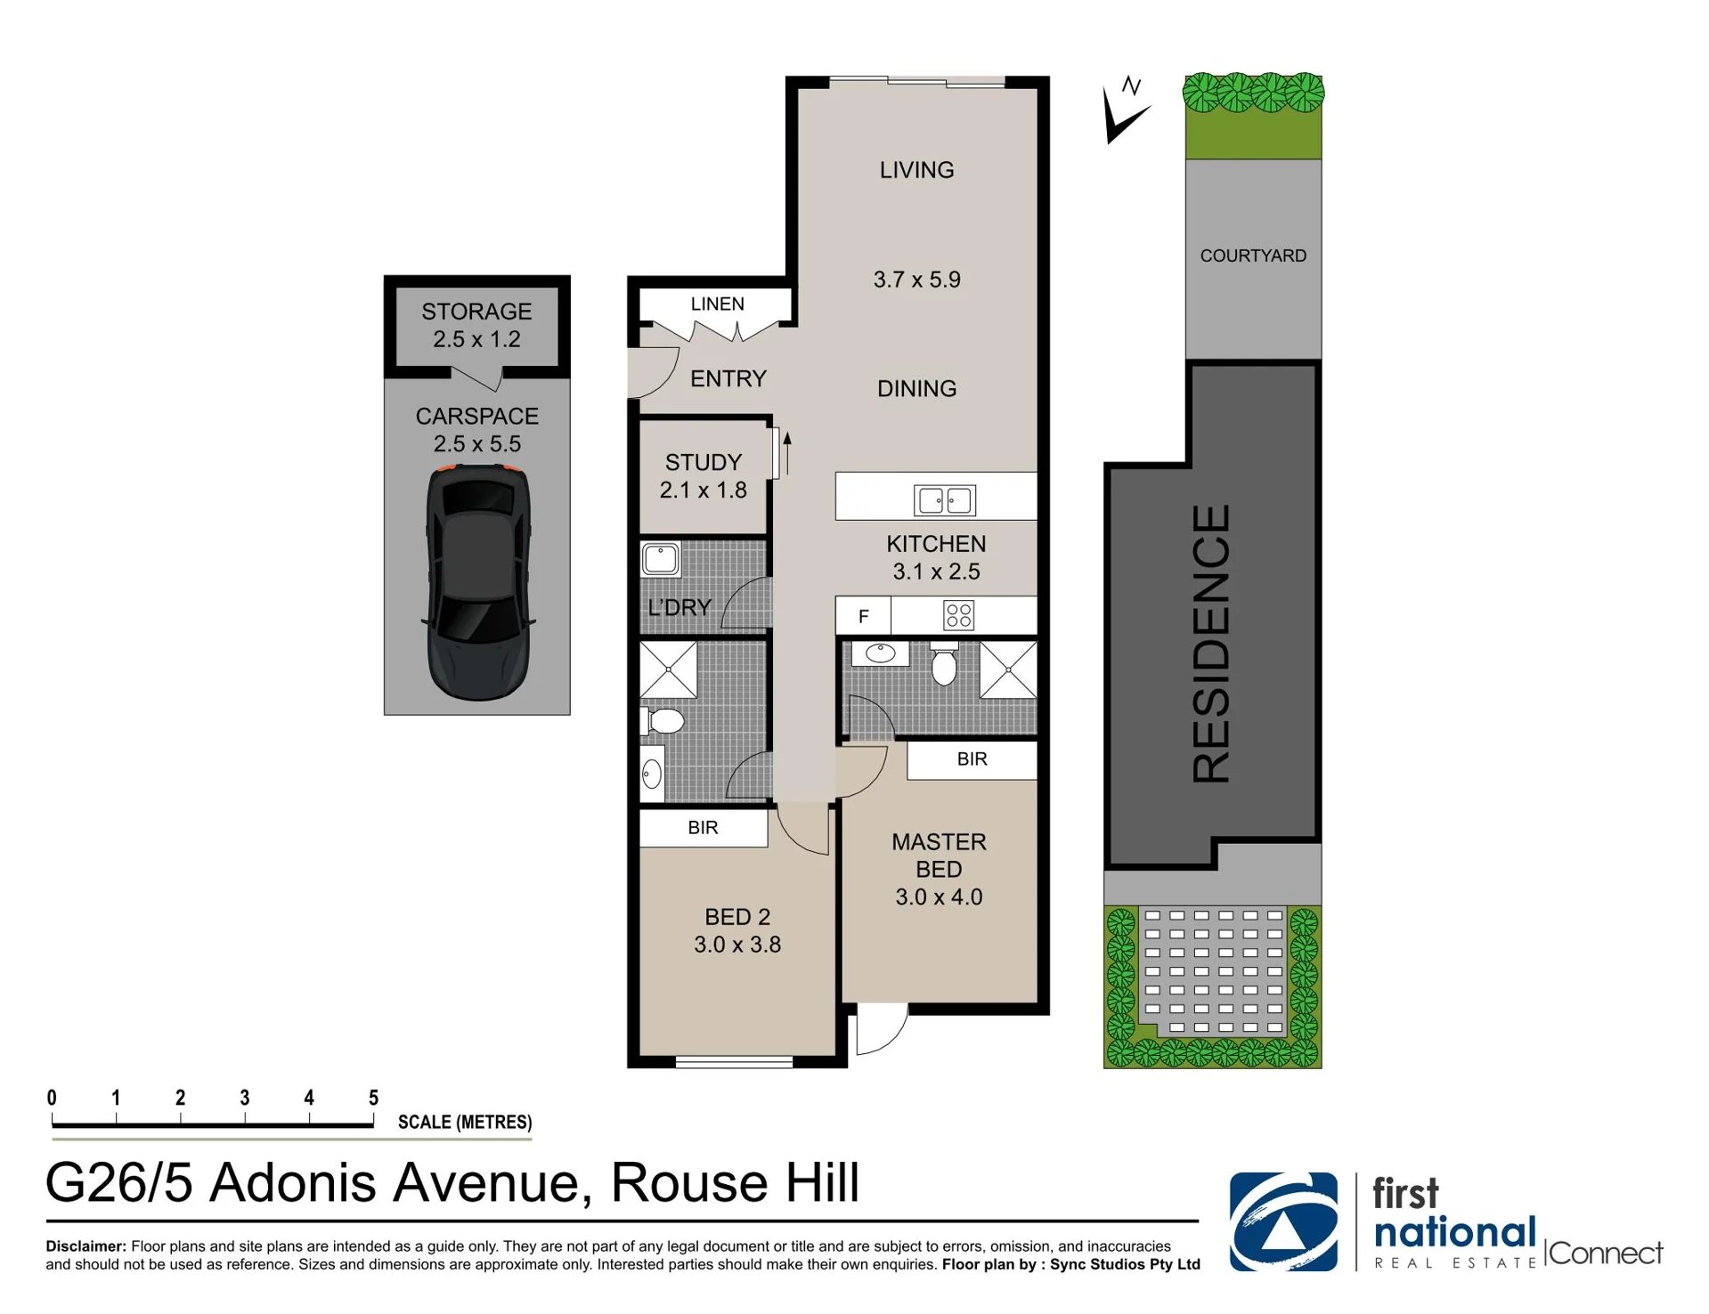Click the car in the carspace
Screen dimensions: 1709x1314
(478, 581)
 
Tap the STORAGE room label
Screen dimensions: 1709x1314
(476, 312)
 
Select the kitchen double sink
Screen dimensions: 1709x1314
(945, 500)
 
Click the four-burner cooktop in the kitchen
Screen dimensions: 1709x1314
(959, 615)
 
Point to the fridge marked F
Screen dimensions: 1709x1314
(863, 616)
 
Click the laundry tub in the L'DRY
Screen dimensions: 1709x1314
(660, 560)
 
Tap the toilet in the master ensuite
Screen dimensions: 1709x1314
(944, 663)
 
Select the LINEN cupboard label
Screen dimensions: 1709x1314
(717, 304)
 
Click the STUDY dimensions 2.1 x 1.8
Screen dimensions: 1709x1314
(703, 490)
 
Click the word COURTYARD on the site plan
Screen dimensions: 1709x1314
(1253, 255)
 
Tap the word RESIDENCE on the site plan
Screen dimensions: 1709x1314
(1211, 644)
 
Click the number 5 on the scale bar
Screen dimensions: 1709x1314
(373, 1098)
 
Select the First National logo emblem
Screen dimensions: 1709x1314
(1283, 1221)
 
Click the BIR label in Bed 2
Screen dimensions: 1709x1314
(703, 828)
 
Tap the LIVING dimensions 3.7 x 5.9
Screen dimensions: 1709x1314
(916, 280)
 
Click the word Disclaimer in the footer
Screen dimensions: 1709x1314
(85, 1246)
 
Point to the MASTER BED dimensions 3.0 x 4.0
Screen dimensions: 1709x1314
(939, 896)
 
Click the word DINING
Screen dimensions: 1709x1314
(916, 389)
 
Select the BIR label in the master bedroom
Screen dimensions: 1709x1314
(972, 759)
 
